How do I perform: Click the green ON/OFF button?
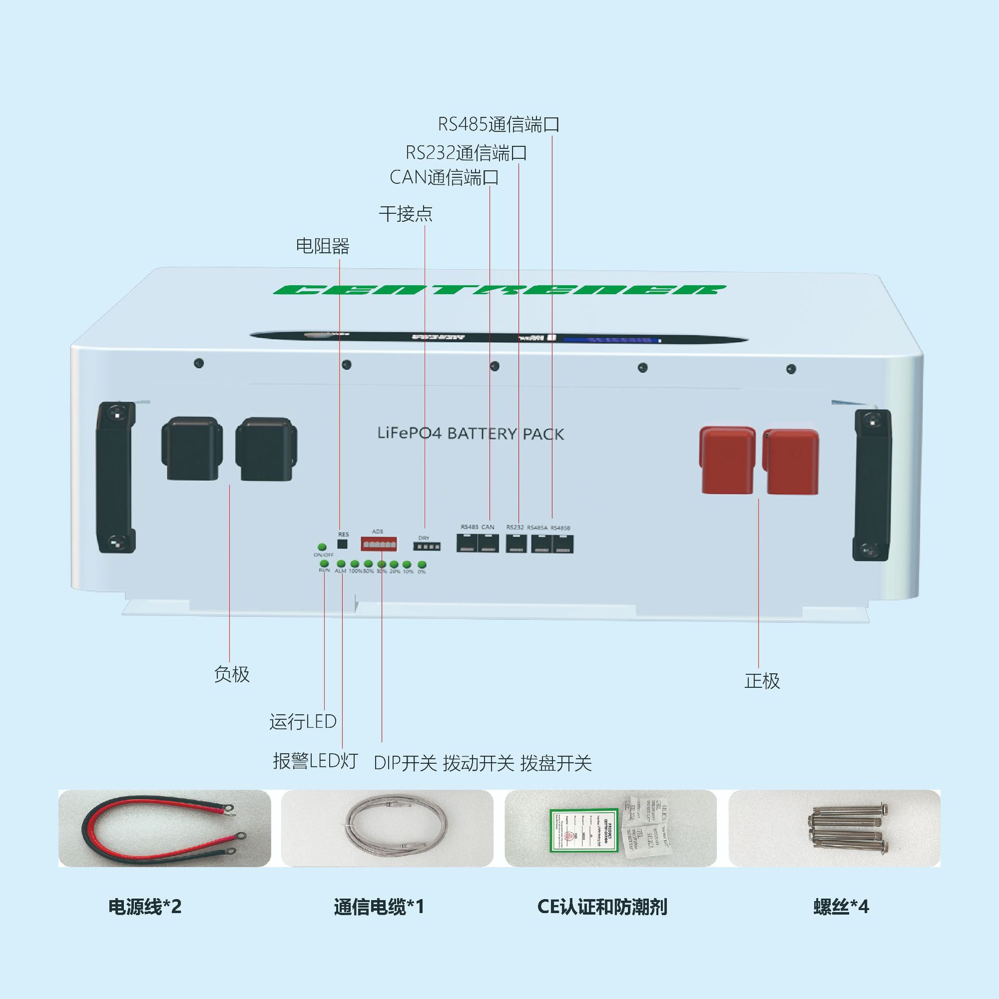click(x=322, y=547)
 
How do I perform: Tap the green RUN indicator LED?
click(x=324, y=563)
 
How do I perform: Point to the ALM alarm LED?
click(x=341, y=564)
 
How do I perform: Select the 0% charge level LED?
click(x=422, y=565)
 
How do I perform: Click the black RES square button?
click(x=342, y=544)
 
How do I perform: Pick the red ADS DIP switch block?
click(x=378, y=544)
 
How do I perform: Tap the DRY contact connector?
click(x=427, y=546)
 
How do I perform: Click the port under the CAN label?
click(x=488, y=544)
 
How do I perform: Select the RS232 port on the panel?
click(x=516, y=544)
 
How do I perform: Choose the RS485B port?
click(x=562, y=544)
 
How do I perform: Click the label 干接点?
click(x=405, y=213)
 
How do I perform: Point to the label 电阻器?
click(x=323, y=246)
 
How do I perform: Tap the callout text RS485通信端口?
click(x=498, y=124)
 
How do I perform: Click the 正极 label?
click(x=762, y=681)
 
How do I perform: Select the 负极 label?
click(x=232, y=674)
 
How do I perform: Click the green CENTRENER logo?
click(x=499, y=290)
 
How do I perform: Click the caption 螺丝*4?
click(x=841, y=907)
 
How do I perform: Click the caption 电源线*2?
click(x=145, y=907)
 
